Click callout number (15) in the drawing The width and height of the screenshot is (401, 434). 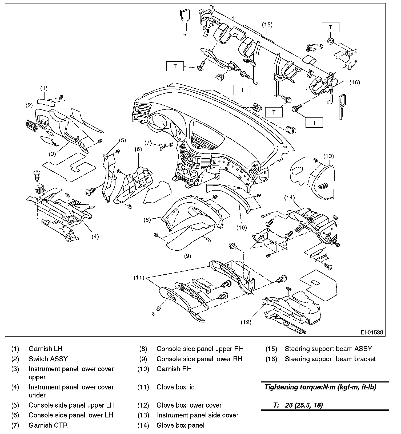click(267, 25)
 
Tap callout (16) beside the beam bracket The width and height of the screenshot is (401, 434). click(355, 82)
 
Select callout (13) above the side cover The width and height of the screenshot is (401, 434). click(328, 156)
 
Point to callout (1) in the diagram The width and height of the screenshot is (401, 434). click(44, 88)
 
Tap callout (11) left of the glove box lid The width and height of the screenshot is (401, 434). click(139, 278)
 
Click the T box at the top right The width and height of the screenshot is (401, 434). click(331, 27)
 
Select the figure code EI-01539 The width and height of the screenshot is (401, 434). click(372, 332)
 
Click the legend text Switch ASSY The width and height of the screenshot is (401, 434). click(48, 359)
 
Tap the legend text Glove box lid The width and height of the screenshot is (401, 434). click(176, 387)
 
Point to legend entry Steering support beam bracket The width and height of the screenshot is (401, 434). click(330, 359)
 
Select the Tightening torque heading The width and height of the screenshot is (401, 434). click(320, 387)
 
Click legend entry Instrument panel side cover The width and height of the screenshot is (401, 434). click(198, 415)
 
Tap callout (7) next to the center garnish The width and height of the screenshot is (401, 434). click(148, 143)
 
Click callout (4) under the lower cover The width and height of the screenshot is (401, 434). click(95, 236)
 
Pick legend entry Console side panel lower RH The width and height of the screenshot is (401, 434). click(199, 359)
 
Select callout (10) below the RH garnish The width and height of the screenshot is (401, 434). click(242, 228)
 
